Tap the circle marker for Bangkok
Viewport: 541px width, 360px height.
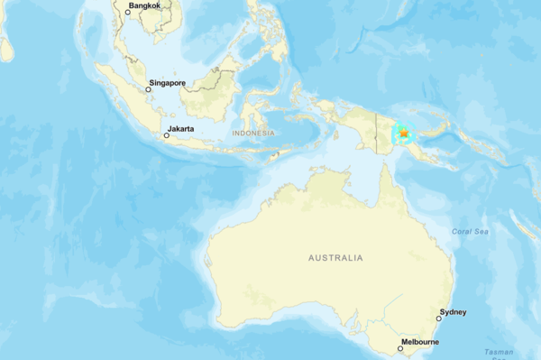(x=128, y=12)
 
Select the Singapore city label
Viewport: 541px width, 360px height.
(x=168, y=83)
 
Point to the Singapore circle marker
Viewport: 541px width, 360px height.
(x=148, y=89)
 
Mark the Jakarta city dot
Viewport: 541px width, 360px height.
(x=166, y=135)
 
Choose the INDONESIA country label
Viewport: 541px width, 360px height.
(x=252, y=134)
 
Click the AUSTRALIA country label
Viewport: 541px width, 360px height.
(x=335, y=258)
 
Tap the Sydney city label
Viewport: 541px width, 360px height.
(x=453, y=312)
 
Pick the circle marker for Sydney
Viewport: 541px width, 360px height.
(x=439, y=318)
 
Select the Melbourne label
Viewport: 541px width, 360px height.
(x=419, y=342)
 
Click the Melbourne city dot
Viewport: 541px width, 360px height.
(x=401, y=347)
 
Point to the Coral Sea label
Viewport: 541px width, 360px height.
(x=470, y=232)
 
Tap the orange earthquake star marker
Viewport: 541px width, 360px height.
(x=404, y=134)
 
